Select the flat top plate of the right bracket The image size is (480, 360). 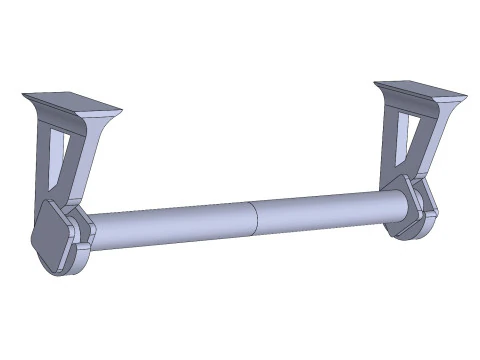click(x=420, y=89)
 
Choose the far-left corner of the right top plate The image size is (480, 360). click(x=377, y=84)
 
